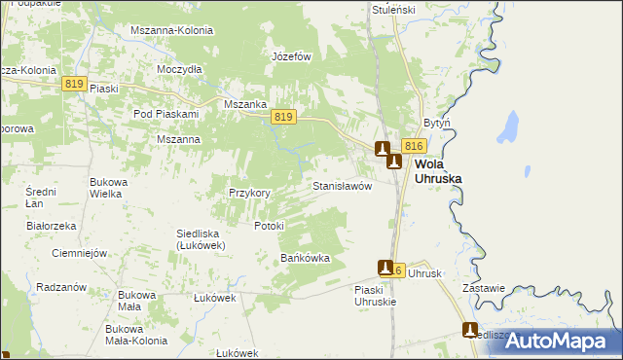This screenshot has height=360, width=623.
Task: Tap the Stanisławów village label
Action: coord(342,185)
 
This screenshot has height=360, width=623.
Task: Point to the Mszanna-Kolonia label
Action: coord(171,30)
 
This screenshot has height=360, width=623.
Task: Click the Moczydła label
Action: coord(179,70)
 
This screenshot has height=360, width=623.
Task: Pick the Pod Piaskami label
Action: coord(165,114)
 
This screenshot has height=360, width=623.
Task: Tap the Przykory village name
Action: coord(248,193)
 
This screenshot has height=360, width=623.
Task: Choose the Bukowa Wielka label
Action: coord(105,188)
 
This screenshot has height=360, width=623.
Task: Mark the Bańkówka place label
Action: coord(306,259)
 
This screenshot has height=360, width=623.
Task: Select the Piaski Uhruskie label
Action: coord(377,296)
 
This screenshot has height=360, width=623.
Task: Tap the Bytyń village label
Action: coord(436,124)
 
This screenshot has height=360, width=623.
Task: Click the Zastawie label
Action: coord(484,288)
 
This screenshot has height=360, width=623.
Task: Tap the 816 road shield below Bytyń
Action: coord(414,145)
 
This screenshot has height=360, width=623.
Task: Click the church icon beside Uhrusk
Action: coord(386,268)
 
